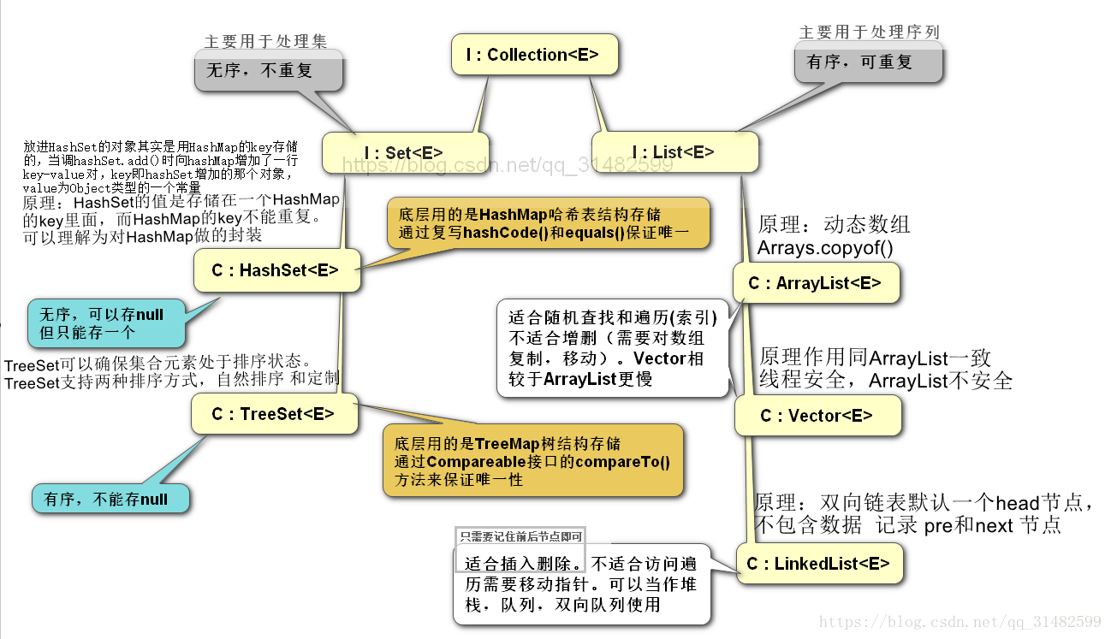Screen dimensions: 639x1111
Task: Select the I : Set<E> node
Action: [x=404, y=153]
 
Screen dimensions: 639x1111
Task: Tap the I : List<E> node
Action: [x=674, y=153]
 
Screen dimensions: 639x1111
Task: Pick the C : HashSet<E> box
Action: [x=275, y=270]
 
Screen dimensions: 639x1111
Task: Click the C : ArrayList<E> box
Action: [x=815, y=283]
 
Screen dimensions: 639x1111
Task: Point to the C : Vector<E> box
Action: [x=817, y=417]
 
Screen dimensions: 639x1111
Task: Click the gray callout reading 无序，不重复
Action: [x=268, y=70]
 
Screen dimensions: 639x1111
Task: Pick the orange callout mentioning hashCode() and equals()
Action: [x=548, y=223]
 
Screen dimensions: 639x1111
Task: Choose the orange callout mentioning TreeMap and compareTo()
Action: [x=532, y=460]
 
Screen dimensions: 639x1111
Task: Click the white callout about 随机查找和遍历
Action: [x=611, y=347]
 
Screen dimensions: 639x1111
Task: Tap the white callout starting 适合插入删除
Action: [x=581, y=584]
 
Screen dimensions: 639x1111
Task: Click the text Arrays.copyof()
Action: [x=824, y=248]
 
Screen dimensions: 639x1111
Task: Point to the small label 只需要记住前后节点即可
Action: [x=520, y=537]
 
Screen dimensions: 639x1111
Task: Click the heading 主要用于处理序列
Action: [x=869, y=33]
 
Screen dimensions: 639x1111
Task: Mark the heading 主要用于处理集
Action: [x=265, y=41]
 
